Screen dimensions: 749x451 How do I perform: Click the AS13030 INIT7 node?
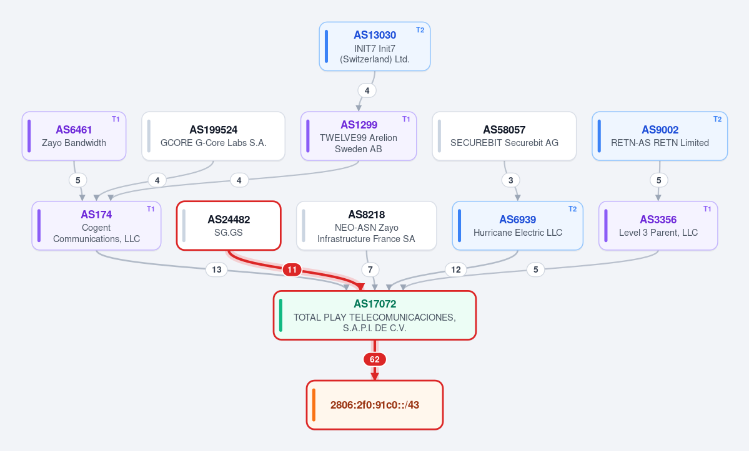(x=375, y=46)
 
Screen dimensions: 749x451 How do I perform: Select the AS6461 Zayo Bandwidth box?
(x=74, y=136)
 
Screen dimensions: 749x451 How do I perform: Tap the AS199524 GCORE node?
(x=213, y=136)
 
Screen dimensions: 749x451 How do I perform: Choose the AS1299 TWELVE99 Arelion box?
(x=359, y=136)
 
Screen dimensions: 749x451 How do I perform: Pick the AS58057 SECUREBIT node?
(x=504, y=136)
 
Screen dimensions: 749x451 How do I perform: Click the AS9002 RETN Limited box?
(x=660, y=136)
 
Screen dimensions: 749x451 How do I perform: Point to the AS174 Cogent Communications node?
(x=96, y=226)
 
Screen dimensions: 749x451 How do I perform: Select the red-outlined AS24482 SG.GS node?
(x=229, y=226)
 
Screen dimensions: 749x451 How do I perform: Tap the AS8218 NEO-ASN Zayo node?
(x=367, y=226)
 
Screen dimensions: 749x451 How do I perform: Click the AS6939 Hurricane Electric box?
(x=518, y=226)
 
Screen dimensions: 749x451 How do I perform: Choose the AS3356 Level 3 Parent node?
(x=658, y=226)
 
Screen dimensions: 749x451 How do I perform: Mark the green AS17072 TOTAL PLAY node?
(x=375, y=315)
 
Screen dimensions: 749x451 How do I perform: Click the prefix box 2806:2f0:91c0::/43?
(x=375, y=405)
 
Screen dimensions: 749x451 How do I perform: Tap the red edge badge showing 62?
(x=375, y=359)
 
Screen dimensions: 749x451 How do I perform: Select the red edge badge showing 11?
(x=292, y=270)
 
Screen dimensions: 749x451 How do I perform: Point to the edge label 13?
(x=216, y=270)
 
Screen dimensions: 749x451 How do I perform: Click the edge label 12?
(x=455, y=270)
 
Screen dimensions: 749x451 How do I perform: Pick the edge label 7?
(x=370, y=270)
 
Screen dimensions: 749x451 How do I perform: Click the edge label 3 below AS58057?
(x=510, y=180)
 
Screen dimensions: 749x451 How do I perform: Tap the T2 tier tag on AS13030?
(x=420, y=30)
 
